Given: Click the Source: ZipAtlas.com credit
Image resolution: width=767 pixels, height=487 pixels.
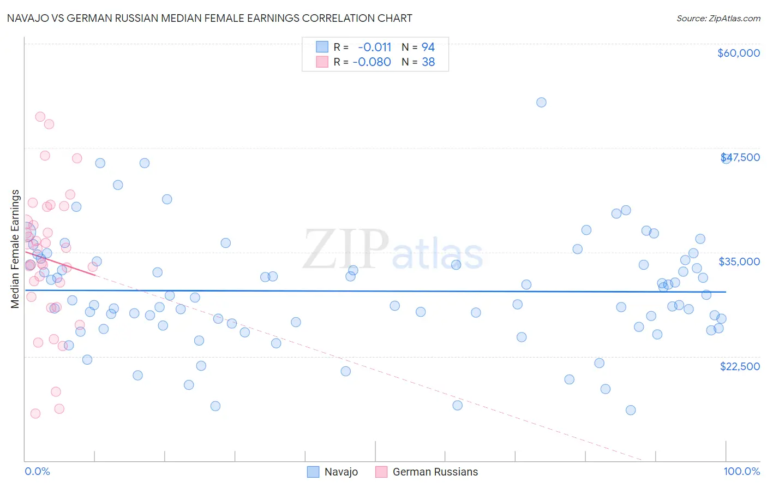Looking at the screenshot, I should (x=718, y=18).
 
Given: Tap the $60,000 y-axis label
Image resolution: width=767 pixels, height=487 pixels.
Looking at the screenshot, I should (x=738, y=53).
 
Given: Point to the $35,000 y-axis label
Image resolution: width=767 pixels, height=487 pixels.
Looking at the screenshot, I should (x=739, y=262).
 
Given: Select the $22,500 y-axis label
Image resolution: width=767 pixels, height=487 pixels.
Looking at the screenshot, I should (x=739, y=366).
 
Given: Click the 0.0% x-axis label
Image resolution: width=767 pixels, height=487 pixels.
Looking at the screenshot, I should (x=37, y=471).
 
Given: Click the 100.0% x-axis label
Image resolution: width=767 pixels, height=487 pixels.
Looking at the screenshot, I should (x=741, y=471).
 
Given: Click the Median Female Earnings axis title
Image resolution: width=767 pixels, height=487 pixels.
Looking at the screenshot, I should (x=15, y=249).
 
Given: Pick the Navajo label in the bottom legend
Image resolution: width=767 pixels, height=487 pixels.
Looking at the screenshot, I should (x=341, y=472).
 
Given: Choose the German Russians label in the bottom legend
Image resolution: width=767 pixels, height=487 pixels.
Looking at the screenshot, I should (x=435, y=472).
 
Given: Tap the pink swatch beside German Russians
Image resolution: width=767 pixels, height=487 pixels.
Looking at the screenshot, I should (x=381, y=472).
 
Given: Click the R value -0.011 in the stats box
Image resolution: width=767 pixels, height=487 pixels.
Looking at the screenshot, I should (x=374, y=47).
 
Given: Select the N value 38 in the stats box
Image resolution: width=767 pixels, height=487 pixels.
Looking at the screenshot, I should (x=428, y=62).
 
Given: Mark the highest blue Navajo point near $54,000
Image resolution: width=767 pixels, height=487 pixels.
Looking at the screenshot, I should (x=541, y=102).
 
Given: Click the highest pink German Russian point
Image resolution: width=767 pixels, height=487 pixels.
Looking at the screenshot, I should (x=40, y=117).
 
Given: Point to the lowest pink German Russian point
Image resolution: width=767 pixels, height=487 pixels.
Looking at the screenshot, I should (x=35, y=413).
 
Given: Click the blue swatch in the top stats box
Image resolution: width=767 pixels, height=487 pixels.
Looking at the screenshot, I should (x=322, y=47).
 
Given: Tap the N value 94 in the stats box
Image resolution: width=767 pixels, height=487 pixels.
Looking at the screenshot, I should (x=428, y=47).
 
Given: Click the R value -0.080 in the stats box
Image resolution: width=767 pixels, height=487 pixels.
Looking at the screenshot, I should (x=371, y=62).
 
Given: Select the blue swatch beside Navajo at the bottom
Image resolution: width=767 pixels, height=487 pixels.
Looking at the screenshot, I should (x=313, y=472).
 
